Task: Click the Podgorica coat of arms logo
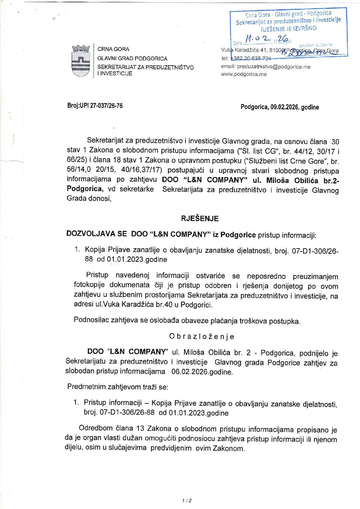81,61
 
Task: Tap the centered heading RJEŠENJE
200,219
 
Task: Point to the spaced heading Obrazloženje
201,337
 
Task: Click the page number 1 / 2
187,500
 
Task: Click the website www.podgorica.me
244,74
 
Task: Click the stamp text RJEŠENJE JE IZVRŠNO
289,29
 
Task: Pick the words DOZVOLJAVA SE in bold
97,234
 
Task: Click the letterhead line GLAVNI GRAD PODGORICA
132,58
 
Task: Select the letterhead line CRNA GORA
113,49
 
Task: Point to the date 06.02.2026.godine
202,372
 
